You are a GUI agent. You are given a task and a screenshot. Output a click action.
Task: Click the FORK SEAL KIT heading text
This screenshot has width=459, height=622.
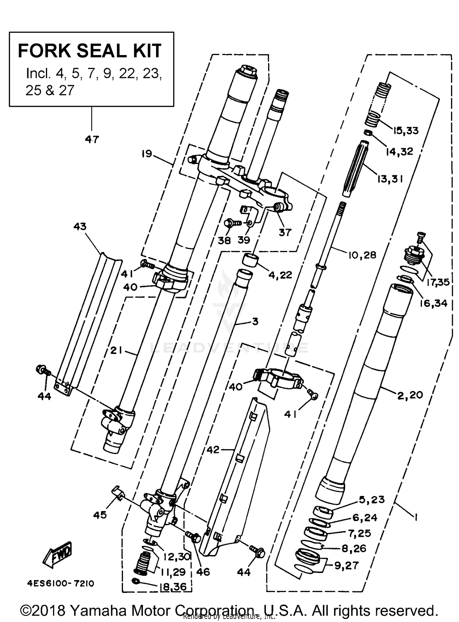(89, 51)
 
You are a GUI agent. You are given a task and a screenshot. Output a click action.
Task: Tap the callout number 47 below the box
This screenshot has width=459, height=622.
(92, 140)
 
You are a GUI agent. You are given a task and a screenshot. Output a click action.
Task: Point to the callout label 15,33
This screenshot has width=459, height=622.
(405, 131)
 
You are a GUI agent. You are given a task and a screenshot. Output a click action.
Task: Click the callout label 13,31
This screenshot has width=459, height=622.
(390, 179)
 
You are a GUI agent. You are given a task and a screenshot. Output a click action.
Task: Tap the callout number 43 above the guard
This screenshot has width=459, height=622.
(80, 227)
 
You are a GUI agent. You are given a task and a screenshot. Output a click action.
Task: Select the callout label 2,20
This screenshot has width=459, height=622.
(410, 395)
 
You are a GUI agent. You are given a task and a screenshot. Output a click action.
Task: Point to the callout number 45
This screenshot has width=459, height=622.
(100, 515)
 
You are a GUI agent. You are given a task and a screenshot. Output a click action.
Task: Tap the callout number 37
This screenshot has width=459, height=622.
(285, 233)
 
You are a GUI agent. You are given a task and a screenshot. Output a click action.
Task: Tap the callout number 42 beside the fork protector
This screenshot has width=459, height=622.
(213, 450)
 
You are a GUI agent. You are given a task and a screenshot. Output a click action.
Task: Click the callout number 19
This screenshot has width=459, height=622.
(147, 154)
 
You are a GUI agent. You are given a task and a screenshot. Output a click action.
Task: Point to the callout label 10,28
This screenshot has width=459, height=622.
(362, 255)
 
